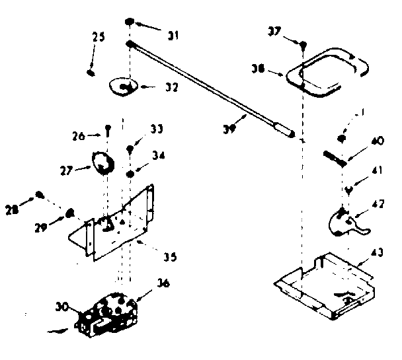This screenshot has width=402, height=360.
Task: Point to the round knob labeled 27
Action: pyautogui.click(x=100, y=162)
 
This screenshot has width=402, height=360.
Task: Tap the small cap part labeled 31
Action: pyautogui.click(x=132, y=23)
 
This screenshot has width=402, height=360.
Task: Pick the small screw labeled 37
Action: pyautogui.click(x=302, y=46)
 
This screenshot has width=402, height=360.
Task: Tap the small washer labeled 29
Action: pyautogui.click(x=69, y=212)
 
